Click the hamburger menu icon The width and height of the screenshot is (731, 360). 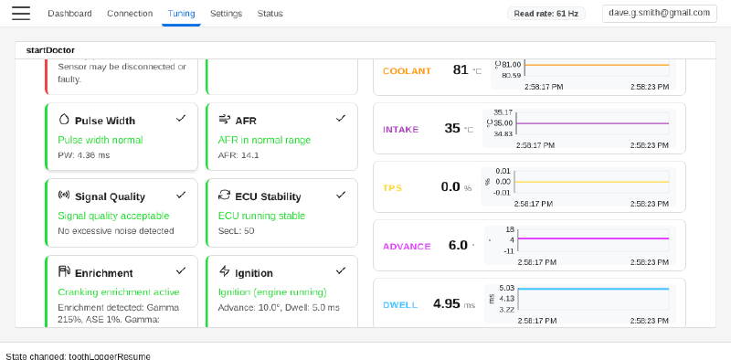21,13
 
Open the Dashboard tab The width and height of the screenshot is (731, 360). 69,14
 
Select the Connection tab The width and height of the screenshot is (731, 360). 130,14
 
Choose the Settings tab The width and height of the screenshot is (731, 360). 226,14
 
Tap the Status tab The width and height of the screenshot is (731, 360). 270,14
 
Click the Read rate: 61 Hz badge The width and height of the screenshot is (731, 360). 546,14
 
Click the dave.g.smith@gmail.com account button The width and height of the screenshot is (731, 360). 659,13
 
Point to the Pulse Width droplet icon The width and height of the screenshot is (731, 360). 64,120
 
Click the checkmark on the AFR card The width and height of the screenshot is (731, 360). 341,119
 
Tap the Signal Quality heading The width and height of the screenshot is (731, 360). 110,196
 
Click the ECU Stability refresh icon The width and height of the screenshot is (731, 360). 224,195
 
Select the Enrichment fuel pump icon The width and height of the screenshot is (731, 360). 64,271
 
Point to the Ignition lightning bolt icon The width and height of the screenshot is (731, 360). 224,271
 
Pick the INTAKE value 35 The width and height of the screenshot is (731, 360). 452,128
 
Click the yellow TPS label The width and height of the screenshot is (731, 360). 392,188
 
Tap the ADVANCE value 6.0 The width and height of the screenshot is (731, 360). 458,245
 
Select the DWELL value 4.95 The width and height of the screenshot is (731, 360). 446,303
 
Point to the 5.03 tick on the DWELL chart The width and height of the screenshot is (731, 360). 506,288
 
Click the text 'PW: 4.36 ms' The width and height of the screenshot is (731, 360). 84,154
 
